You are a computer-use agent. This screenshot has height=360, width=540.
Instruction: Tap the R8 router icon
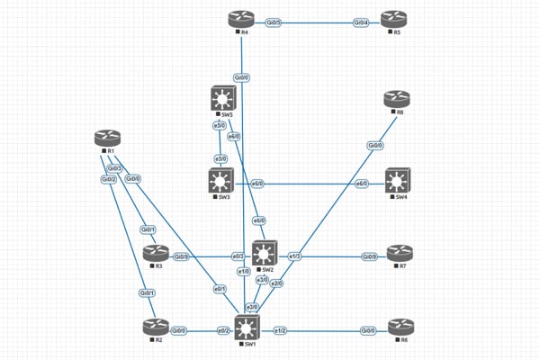coord(397,99)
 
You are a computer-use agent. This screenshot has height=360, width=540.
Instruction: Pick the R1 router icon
coord(107,139)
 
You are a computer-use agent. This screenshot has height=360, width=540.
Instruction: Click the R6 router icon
coord(397,328)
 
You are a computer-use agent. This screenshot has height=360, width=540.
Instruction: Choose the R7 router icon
coord(397,256)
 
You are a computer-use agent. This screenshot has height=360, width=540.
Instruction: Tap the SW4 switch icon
coord(397,182)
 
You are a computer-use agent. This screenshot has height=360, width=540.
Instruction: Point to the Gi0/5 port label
coord(274,21)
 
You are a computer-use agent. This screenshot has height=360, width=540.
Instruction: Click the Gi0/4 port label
coord(360,21)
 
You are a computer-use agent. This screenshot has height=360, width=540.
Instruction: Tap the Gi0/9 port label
coord(370,256)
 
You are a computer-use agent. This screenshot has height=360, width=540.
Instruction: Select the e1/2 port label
coord(281,330)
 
